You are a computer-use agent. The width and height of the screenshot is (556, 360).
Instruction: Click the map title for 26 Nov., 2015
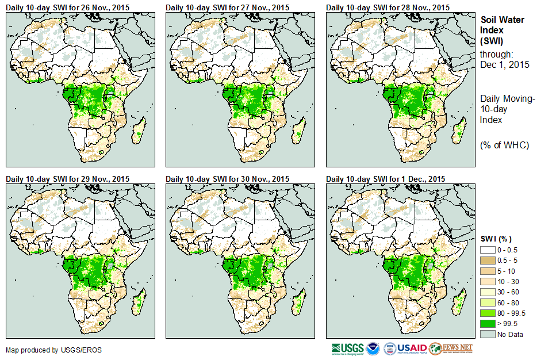(x=67, y=7)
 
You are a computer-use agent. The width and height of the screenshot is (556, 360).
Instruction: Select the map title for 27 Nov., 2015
(x=227, y=7)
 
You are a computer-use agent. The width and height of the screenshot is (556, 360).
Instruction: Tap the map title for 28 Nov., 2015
(x=388, y=7)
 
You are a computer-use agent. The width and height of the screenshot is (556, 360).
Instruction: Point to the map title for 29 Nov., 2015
(x=67, y=179)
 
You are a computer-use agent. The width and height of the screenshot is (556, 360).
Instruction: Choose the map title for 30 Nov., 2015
(x=227, y=179)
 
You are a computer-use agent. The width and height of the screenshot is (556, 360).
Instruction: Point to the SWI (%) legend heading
(x=496, y=239)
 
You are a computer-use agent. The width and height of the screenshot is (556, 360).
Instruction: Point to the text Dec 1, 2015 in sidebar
(x=505, y=64)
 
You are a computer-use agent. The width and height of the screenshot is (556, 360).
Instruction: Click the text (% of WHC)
(x=504, y=145)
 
